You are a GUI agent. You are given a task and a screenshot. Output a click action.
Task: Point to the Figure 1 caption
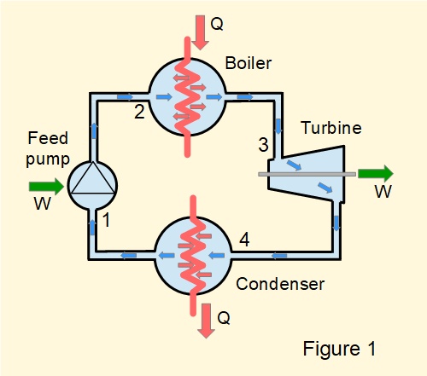tap(339, 348)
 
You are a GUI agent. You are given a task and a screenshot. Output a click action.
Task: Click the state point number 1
tap(107, 221)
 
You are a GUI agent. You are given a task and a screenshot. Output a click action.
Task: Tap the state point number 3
tap(263, 146)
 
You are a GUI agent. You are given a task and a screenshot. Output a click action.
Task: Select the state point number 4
tap(244, 241)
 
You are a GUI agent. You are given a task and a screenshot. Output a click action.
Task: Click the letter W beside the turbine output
tap(383, 193)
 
